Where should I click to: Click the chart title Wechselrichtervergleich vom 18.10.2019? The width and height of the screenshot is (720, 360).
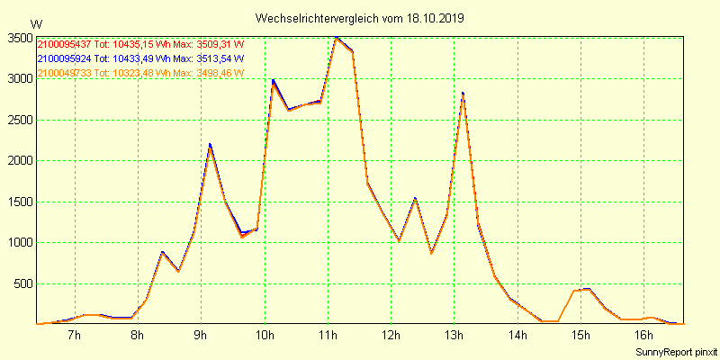click(360, 18)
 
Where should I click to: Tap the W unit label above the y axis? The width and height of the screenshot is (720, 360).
click(36, 23)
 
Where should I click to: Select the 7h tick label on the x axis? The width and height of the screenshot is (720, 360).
click(75, 337)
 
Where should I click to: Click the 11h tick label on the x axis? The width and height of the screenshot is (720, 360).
click(328, 337)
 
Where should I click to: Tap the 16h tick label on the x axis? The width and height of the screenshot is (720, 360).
click(643, 337)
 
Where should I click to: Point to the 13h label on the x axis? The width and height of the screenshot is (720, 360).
click(454, 337)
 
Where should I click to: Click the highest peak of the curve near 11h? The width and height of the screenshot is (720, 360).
click(336, 38)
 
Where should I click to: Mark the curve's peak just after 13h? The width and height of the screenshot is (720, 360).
click(463, 94)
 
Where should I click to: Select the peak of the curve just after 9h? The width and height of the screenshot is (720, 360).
click(210, 146)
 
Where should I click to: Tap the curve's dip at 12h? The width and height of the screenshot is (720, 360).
click(399, 241)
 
